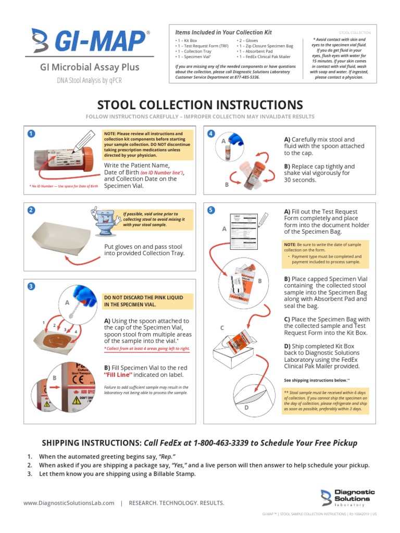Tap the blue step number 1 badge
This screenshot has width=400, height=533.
click(x=31, y=134)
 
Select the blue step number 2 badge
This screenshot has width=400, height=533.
click(x=31, y=210)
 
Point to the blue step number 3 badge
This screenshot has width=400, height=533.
click(x=31, y=287)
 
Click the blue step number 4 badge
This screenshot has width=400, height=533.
click(x=211, y=134)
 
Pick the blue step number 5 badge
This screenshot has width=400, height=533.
click(x=211, y=210)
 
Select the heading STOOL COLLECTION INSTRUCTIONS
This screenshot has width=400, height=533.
click(x=199, y=105)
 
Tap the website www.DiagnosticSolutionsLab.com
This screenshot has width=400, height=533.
click(x=69, y=503)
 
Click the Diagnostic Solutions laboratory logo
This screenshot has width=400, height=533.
click(x=347, y=498)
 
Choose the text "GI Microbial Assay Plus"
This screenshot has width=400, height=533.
click(x=90, y=67)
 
